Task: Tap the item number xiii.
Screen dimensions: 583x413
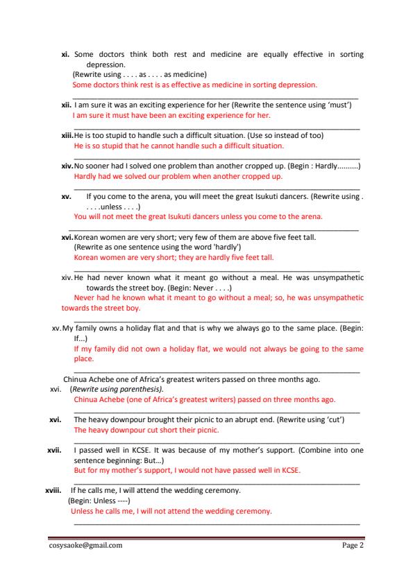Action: point(67,135)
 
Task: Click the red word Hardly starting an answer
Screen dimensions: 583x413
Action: point(85,176)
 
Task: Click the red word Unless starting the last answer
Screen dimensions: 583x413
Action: point(82,512)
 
